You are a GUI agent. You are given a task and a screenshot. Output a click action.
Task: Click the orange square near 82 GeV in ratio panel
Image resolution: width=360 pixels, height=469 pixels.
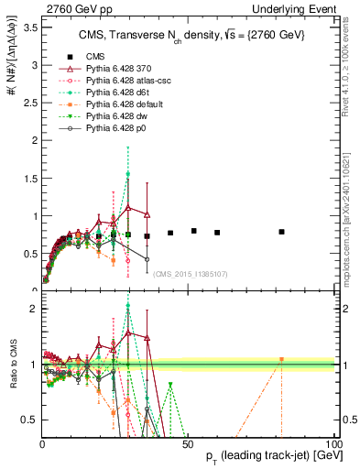281,359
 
